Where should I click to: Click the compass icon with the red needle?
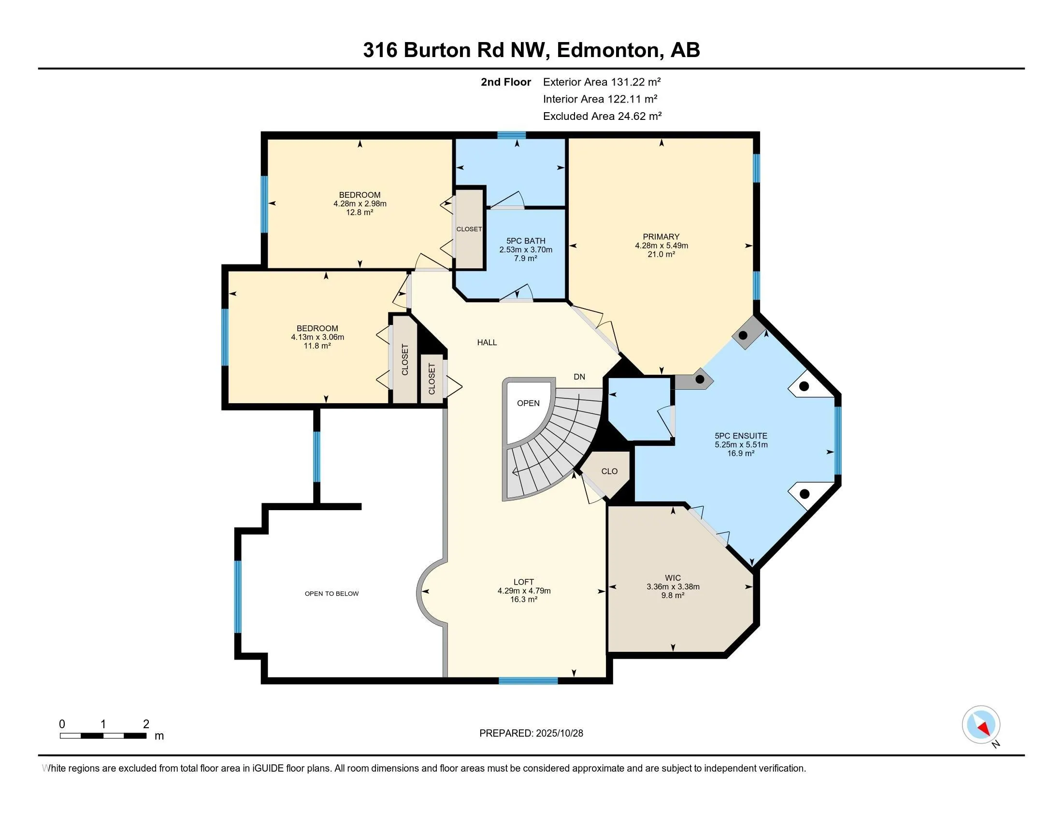click(x=981, y=724)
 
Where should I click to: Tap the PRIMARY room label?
click(x=661, y=236)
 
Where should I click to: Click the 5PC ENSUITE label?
click(x=741, y=436)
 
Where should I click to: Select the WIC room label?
click(x=673, y=578)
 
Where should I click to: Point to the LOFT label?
click(x=524, y=582)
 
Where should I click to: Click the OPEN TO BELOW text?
click(x=331, y=594)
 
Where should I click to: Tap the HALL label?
click(x=487, y=342)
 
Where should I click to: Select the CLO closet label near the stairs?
click(x=609, y=471)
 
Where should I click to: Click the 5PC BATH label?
click(x=526, y=241)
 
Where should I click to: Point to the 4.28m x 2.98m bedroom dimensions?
click(x=359, y=204)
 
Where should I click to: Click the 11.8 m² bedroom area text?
click(x=317, y=346)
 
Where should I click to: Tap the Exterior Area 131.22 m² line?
click(x=602, y=82)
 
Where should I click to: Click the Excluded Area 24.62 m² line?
click(x=602, y=116)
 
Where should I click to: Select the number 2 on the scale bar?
click(x=145, y=724)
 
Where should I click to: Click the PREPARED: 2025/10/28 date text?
click(x=531, y=733)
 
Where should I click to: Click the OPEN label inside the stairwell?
click(x=528, y=403)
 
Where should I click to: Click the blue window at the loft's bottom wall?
click(x=528, y=681)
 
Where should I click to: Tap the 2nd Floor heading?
click(x=506, y=82)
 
